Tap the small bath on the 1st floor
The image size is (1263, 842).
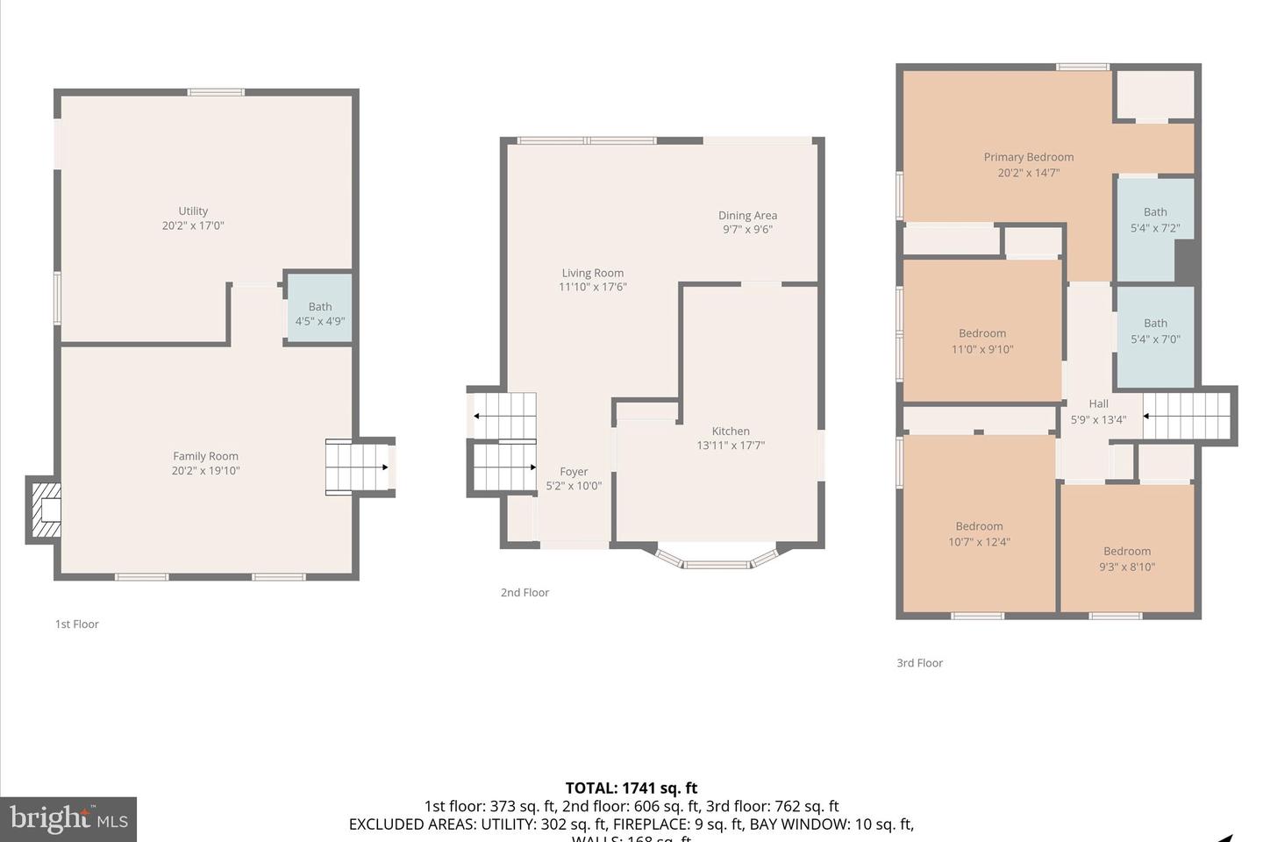[320, 310]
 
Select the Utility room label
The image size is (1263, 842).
[193, 210]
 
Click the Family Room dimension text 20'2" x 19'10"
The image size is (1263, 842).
[205, 471]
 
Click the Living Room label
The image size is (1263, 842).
[593, 273]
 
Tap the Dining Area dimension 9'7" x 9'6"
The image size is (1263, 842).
[747, 230]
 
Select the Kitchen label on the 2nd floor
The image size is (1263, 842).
[731, 431]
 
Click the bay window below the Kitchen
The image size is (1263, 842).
[717, 560]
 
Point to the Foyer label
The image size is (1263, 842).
[574, 472]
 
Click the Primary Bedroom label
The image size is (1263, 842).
[1029, 157]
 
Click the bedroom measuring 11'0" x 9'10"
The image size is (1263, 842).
[982, 333]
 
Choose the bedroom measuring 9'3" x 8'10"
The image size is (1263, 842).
[1127, 553]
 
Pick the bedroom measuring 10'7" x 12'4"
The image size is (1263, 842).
[979, 526]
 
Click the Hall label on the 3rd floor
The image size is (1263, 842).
[1098, 403]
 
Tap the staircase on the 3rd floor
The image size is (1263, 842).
[1187, 416]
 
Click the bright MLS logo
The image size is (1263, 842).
[69, 819]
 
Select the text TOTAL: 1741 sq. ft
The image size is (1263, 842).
[631, 788]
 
